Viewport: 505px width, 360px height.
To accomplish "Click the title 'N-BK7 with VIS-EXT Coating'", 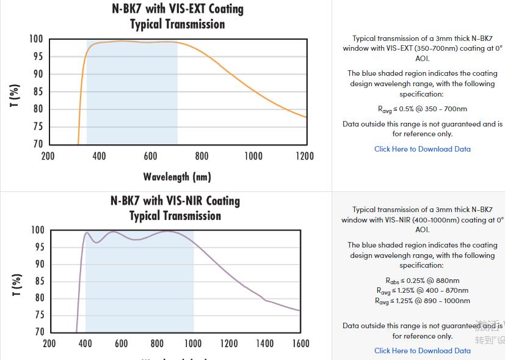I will pyautogui.click(x=178, y=9).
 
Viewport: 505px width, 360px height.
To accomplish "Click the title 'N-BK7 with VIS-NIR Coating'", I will pyautogui.click(x=175, y=201).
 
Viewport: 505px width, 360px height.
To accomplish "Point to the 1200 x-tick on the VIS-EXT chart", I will pyautogui.click(x=305, y=156).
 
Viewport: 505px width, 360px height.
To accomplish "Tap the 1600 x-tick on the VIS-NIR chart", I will pyautogui.click(x=300, y=344).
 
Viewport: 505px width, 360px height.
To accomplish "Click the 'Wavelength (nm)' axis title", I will pyautogui.click(x=177, y=177).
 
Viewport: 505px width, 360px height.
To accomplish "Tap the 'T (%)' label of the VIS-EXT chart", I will pyautogui.click(x=15, y=95).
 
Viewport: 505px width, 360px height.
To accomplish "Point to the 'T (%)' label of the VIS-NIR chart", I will pyautogui.click(x=16, y=285).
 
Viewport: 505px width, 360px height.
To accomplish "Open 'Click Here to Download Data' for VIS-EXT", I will pyautogui.click(x=423, y=149).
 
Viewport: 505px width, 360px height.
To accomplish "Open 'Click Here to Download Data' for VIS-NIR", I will pyautogui.click(x=423, y=351).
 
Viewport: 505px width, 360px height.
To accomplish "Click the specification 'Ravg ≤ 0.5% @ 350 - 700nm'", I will pyautogui.click(x=423, y=109).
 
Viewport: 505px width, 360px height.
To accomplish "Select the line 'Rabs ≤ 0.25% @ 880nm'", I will pyautogui.click(x=423, y=281).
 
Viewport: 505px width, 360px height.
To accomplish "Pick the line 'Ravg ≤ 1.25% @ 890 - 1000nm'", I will pyautogui.click(x=423, y=301).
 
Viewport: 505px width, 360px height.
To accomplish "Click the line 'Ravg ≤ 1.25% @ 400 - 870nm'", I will pyautogui.click(x=423, y=291).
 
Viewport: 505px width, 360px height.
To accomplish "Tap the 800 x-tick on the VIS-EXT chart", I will pyautogui.click(x=202, y=156).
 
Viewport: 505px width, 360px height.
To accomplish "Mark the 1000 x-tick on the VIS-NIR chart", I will pyautogui.click(x=193, y=344).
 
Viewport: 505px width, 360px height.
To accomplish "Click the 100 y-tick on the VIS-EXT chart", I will pyautogui.click(x=36, y=39).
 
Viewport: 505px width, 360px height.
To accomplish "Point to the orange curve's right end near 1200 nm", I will pyautogui.click(x=305, y=117).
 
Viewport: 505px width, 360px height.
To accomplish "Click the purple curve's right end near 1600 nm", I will pyautogui.click(x=299, y=310).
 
